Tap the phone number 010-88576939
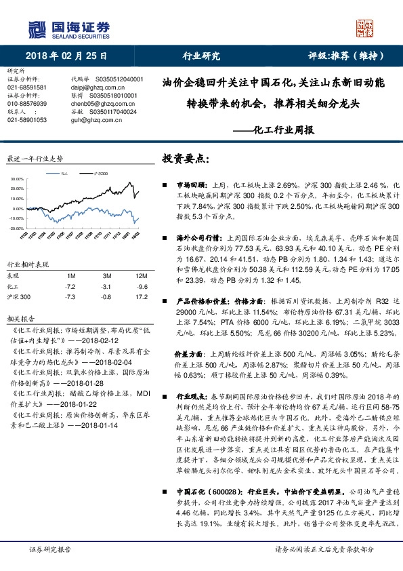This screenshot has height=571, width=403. point(27,103)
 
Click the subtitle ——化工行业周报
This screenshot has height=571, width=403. point(276,129)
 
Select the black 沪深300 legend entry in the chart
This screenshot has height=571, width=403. point(100,174)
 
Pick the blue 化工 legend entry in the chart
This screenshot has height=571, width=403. point(62,174)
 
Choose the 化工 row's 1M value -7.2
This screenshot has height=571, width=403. point(70,287)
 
